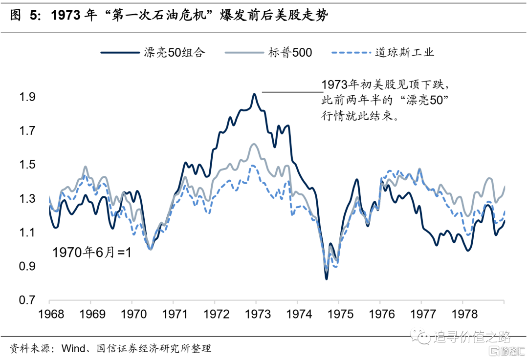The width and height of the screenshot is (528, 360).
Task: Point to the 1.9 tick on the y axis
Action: click(x=27, y=97)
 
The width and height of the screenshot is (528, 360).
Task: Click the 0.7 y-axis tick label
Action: click(x=27, y=300)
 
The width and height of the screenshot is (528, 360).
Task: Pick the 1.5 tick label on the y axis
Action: click(x=27, y=165)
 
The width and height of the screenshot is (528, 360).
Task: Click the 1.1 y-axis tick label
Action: click(x=27, y=233)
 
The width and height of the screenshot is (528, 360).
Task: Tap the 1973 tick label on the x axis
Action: click(x=257, y=314)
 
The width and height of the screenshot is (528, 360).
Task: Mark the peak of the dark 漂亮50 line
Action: click(x=254, y=94)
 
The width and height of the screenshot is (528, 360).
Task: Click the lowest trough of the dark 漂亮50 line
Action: click(x=326, y=278)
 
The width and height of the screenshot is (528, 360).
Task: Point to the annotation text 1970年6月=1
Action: click(x=92, y=253)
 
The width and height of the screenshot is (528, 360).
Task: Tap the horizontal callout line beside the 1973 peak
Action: click(x=292, y=91)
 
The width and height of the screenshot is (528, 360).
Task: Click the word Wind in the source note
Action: click(x=72, y=348)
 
